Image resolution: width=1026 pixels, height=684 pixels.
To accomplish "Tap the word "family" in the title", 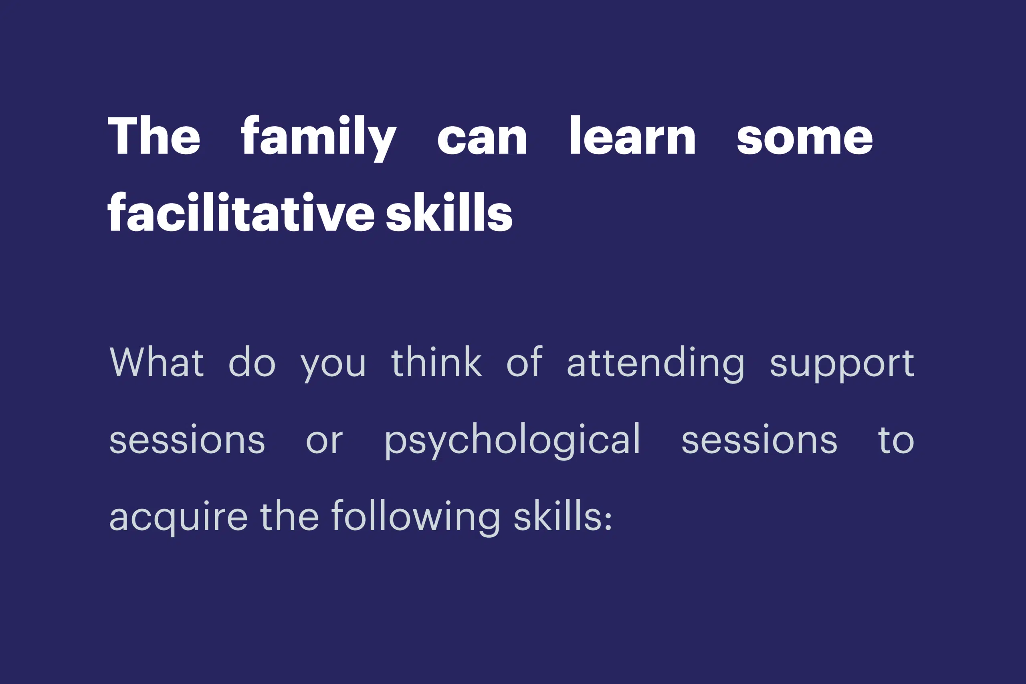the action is pyautogui.click(x=319, y=138).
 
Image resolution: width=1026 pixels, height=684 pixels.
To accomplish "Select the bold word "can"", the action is pyautogui.click(x=482, y=139).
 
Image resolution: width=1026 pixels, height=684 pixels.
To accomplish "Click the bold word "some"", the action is pyautogui.click(x=805, y=139).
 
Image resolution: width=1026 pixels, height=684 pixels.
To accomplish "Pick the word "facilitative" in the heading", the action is pyautogui.click(x=241, y=212).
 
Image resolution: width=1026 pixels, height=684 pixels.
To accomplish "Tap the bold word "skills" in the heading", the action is pyautogui.click(x=449, y=212).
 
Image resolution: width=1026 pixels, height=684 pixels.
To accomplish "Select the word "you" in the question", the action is pyautogui.click(x=333, y=366).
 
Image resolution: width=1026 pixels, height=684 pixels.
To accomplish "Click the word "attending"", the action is pyautogui.click(x=656, y=364).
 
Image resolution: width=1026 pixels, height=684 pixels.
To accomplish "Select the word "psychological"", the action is pyautogui.click(x=512, y=441).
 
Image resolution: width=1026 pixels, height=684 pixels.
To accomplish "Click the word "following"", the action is pyautogui.click(x=416, y=518).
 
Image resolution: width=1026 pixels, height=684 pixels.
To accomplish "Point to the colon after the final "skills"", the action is pyautogui.click(x=608, y=519).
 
